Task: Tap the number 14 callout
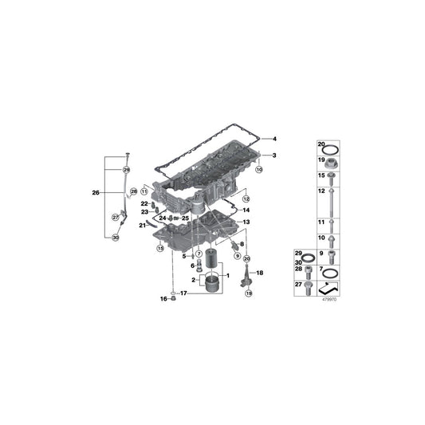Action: (246, 210)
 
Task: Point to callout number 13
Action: (246, 222)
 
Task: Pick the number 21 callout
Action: (144, 226)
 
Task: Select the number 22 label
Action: (145, 205)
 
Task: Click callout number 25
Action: (185, 218)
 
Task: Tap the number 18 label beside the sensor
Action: (259, 273)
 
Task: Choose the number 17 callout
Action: (183, 293)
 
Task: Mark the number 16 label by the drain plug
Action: (163, 299)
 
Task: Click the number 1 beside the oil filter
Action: (228, 276)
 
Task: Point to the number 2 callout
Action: (193, 280)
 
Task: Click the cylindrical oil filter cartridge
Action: (211, 261)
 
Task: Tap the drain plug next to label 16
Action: (175, 300)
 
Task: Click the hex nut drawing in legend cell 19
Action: (329, 160)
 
